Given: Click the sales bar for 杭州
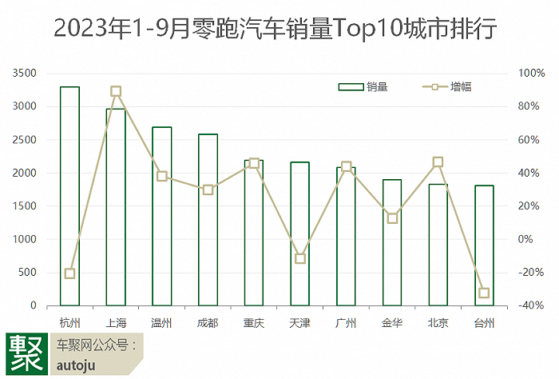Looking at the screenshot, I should pyautogui.click(x=69, y=196).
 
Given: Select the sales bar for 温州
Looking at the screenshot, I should pyautogui.click(x=162, y=216).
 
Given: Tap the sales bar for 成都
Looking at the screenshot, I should pyautogui.click(x=208, y=220).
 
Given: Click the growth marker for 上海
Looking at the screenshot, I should pyautogui.click(x=116, y=92).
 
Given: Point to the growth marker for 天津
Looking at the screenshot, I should pyautogui.click(x=300, y=258).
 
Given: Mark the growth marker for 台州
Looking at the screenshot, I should pyautogui.click(x=484, y=293).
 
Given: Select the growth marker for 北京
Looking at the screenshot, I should pyautogui.click(x=438, y=162).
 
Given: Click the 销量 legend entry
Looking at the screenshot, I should pyautogui.click(x=363, y=86).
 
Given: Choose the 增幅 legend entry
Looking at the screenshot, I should pyautogui.click(x=447, y=86).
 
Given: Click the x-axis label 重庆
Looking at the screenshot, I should pyautogui.click(x=254, y=323).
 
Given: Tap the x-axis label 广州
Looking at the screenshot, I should pyautogui.click(x=346, y=323).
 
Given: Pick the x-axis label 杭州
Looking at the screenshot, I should pyautogui.click(x=69, y=323).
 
